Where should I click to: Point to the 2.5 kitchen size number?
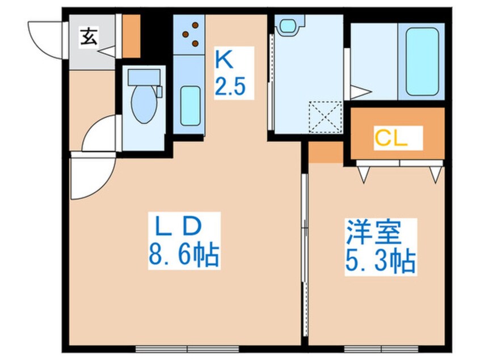[230, 87]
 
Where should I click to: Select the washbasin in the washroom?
[287, 25]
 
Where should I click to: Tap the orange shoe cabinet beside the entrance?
[131, 36]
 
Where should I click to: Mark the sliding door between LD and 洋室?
[305, 227]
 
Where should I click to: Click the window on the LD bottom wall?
[187, 348]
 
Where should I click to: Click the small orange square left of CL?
[326, 152]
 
